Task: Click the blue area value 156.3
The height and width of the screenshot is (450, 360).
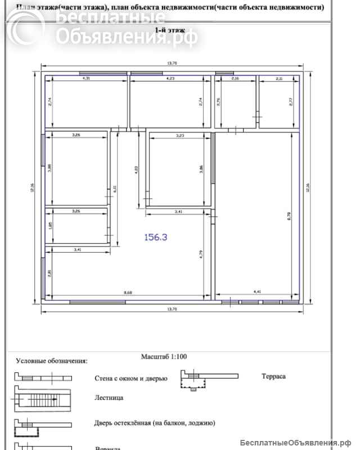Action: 156,237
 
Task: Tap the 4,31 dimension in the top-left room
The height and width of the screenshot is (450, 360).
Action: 86,79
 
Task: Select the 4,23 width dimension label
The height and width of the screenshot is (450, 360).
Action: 170,79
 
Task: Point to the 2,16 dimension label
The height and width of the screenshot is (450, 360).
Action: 236,79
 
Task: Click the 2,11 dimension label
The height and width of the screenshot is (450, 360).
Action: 279,79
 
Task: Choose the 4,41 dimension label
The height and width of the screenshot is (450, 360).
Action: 258,291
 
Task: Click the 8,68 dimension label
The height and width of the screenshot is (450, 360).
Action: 129,291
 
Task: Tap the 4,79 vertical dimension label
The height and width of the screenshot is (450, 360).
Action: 201,254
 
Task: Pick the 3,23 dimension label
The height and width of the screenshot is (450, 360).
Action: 180,136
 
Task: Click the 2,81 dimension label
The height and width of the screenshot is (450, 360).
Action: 51,273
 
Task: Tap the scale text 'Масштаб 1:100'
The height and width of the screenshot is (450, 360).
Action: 164,356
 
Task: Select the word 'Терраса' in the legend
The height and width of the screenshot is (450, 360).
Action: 273,376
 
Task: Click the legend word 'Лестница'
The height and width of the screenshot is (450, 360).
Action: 109,398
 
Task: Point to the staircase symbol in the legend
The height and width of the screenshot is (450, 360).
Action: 42,400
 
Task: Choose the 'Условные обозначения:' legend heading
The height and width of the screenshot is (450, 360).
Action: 51,361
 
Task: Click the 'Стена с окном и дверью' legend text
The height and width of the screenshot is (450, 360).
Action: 130,379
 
